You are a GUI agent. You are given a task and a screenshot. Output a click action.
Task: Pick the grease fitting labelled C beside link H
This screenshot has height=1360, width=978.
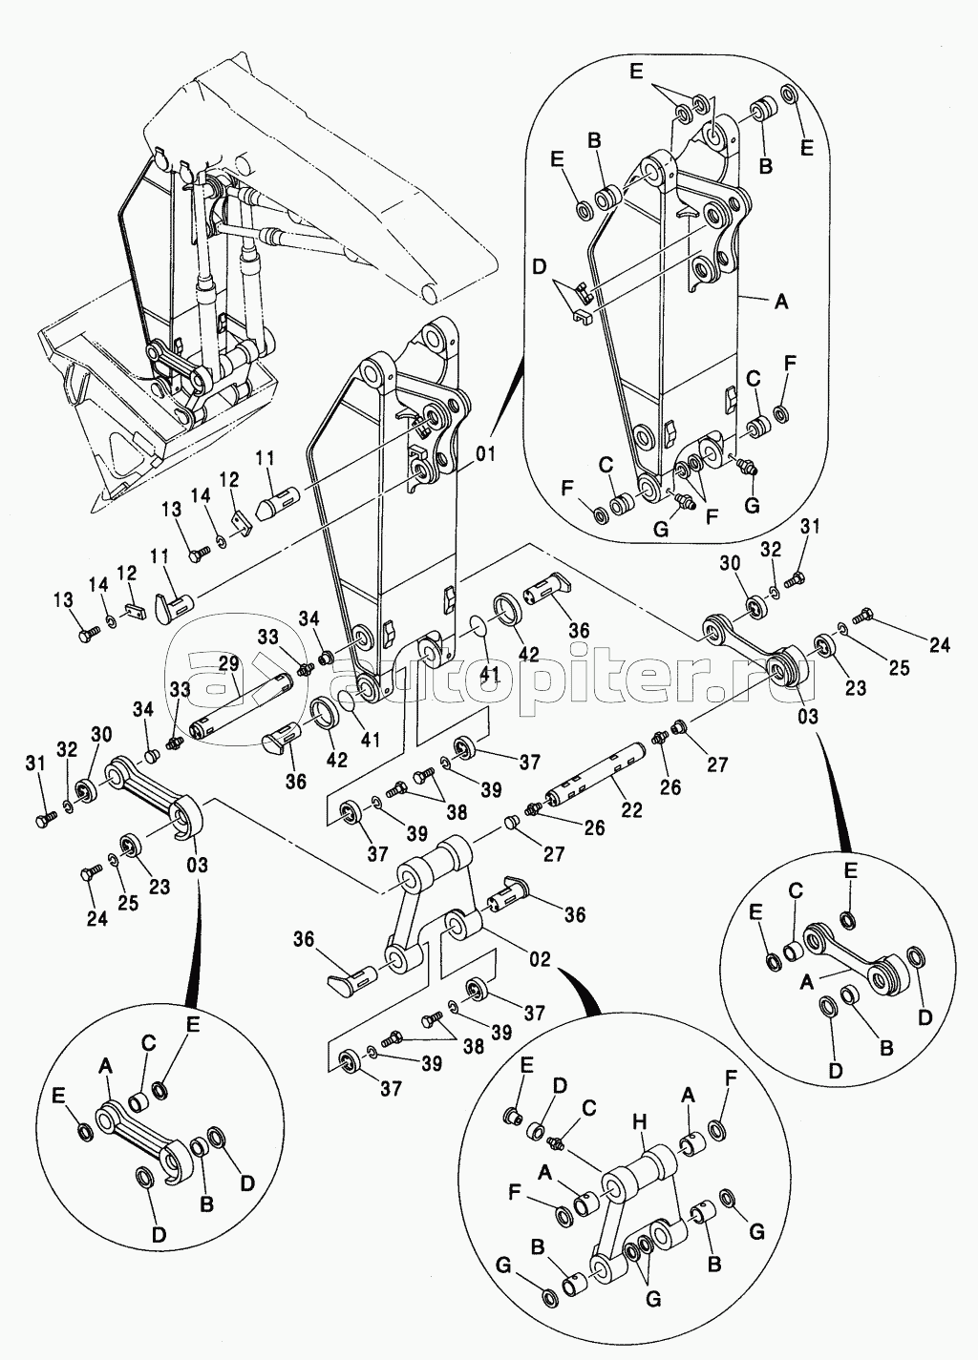click(x=557, y=1138)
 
